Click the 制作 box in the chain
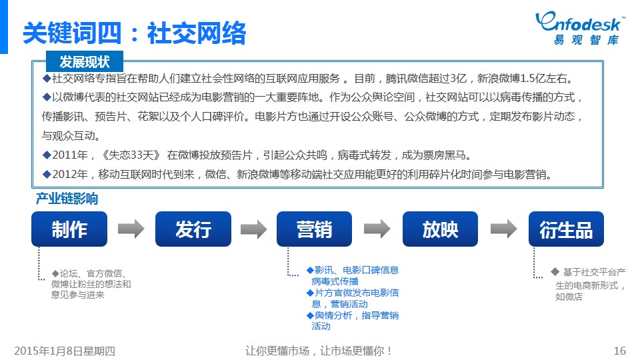click(69, 229)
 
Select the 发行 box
click(193, 229)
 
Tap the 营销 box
click(314, 229)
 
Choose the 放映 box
click(440, 229)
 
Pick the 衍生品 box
click(566, 229)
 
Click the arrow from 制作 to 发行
click(131, 229)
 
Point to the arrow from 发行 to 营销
click(254, 229)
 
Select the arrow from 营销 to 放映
click(377, 229)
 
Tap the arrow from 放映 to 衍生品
click(504, 229)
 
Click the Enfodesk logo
click(580, 28)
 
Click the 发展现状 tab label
click(85, 61)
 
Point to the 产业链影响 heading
click(67, 199)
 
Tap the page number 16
click(619, 351)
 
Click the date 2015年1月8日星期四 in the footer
click(65, 351)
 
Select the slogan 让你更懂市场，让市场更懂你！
click(319, 351)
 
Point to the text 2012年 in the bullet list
click(70, 174)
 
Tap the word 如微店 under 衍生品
click(569, 297)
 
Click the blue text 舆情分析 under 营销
click(333, 315)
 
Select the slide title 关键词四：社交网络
click(134, 33)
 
